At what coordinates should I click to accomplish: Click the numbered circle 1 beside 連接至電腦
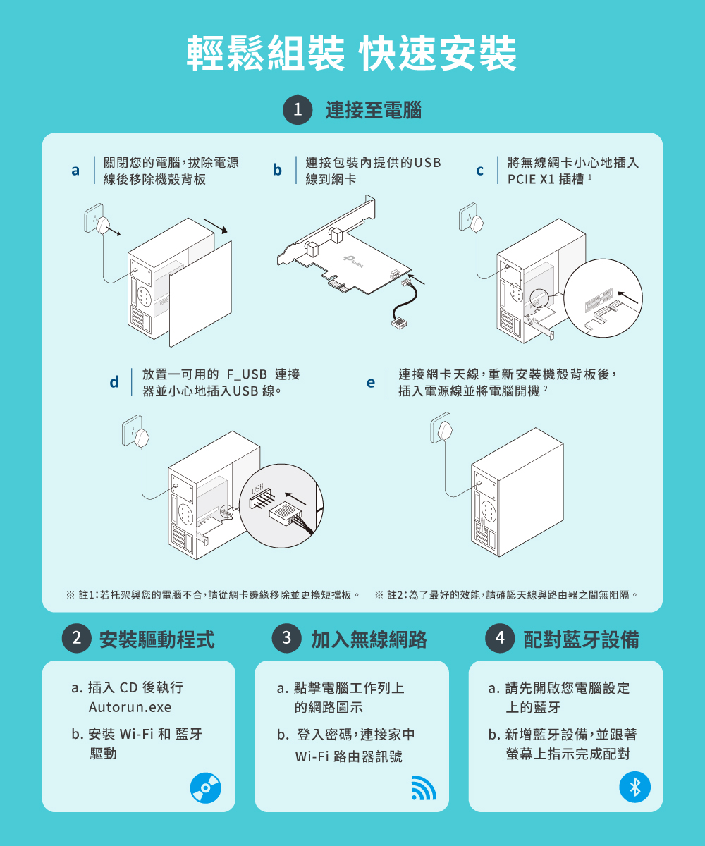click(298, 110)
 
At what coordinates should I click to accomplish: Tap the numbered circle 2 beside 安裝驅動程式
click(77, 638)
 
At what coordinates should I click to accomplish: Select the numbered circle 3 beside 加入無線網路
click(286, 638)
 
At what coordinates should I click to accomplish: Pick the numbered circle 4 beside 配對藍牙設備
click(500, 638)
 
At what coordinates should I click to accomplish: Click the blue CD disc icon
click(206, 788)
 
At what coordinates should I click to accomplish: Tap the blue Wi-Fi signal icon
click(424, 788)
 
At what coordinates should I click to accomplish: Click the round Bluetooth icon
click(635, 787)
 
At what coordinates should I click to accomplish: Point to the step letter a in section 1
click(75, 170)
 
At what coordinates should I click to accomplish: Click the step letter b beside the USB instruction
click(277, 170)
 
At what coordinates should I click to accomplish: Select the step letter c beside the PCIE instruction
click(479, 171)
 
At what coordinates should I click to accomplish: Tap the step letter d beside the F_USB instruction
click(114, 381)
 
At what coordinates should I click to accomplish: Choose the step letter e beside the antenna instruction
click(371, 383)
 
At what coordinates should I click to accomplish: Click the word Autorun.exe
click(130, 707)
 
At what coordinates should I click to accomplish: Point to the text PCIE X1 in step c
click(531, 179)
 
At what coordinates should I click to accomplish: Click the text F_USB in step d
click(247, 374)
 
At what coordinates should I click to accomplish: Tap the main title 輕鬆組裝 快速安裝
click(352, 53)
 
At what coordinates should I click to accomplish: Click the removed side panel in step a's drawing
click(200, 294)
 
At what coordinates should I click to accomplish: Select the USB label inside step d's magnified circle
click(257, 489)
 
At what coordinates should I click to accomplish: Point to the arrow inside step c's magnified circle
click(627, 297)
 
